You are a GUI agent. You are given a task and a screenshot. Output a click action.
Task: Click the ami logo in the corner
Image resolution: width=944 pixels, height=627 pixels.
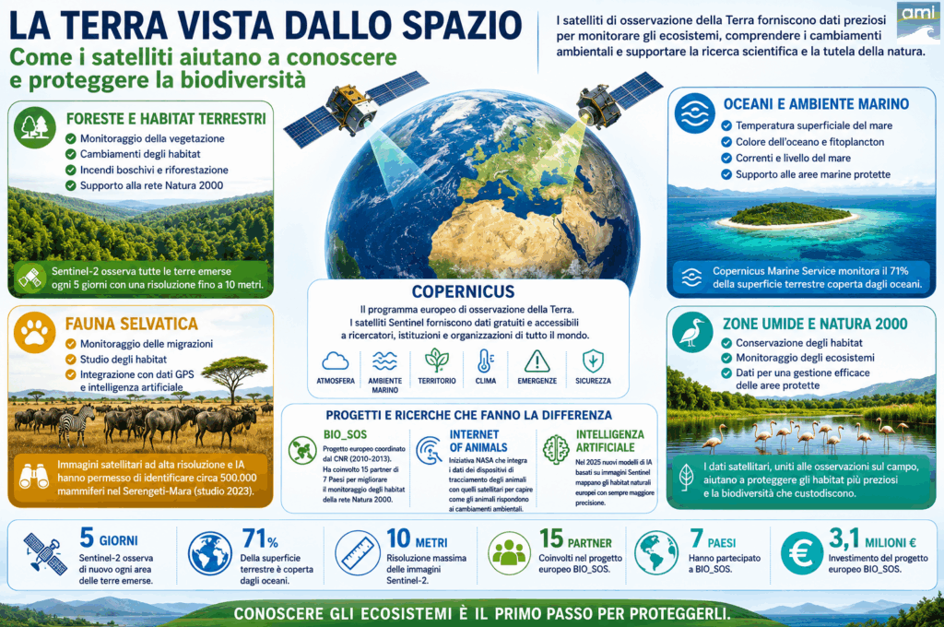[x=918, y=21]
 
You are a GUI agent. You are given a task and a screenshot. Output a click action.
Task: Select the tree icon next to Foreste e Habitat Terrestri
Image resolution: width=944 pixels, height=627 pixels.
[x=35, y=127]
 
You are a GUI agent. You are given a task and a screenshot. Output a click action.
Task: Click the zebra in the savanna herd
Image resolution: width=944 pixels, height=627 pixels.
[x=77, y=423]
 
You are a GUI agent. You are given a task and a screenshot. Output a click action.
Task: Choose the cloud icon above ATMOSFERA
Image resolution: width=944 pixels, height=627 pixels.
[x=336, y=361]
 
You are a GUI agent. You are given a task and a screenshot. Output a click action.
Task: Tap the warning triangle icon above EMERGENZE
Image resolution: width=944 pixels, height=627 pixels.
[x=537, y=361]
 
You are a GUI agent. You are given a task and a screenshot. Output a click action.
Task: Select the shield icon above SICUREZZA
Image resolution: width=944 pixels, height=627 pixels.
[x=593, y=361]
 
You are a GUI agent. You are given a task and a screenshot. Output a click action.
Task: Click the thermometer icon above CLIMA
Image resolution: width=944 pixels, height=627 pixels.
[x=485, y=361]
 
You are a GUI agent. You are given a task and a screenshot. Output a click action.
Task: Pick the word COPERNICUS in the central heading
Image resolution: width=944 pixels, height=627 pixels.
[x=463, y=291]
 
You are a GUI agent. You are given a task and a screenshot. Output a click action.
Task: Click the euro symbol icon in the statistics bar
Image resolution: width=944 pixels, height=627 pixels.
[x=802, y=553]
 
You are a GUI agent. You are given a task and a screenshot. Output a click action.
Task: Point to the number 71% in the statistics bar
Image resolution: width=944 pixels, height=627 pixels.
[x=260, y=538]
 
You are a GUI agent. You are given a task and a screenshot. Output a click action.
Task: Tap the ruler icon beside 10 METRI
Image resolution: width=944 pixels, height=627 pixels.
[x=357, y=553]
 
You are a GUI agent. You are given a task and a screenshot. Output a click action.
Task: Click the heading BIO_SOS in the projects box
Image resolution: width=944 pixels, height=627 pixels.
[x=345, y=434]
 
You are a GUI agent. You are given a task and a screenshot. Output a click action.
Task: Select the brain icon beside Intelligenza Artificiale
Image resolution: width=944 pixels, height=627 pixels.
[x=556, y=449]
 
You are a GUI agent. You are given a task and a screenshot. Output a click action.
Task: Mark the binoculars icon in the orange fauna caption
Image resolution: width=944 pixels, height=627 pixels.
[x=34, y=477]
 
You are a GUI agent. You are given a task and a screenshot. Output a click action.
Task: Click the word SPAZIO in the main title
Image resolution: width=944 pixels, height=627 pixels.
[x=461, y=25]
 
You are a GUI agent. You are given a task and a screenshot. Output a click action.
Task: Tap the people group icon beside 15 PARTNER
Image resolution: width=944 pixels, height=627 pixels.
[x=509, y=553]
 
